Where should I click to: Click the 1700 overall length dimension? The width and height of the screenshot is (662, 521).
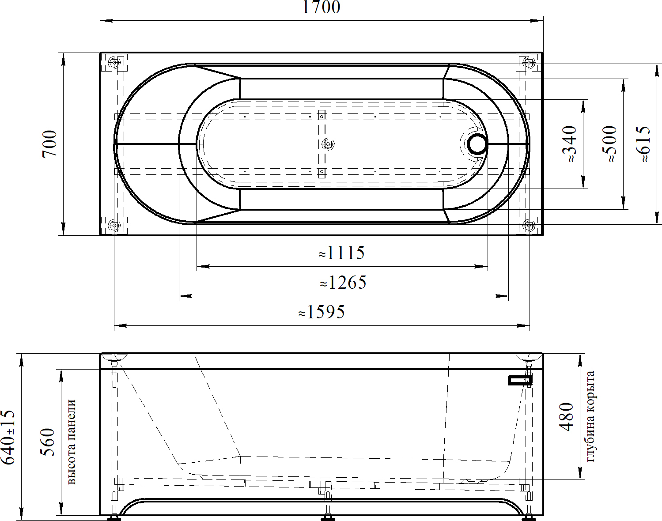coord(321,7)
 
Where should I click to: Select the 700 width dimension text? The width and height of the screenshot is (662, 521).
coord(49,144)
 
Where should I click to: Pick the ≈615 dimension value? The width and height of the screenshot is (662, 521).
coord(643,144)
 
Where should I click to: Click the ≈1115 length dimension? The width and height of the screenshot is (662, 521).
coord(342,253)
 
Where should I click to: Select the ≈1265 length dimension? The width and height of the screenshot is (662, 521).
coord(343,282)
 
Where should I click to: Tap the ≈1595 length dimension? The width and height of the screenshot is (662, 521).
coord(322,312)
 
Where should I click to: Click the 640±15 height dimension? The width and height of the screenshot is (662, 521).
coord(8,437)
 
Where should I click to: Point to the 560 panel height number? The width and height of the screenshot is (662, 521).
coord(47,442)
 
